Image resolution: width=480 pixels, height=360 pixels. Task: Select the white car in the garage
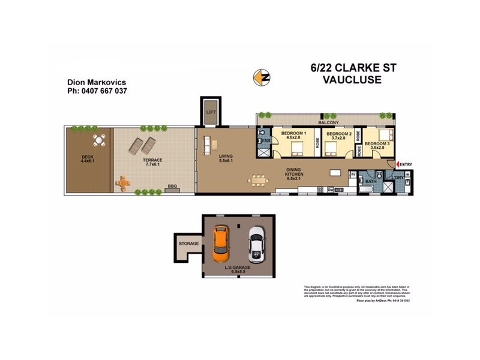256,244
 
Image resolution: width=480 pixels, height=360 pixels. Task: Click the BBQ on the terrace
172,190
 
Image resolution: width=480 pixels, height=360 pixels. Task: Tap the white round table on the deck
100,142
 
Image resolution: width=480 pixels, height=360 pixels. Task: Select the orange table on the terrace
122,182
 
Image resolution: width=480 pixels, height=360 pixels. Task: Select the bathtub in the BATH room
367,190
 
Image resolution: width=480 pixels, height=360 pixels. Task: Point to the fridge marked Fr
353,175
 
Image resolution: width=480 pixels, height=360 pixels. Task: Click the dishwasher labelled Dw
331,190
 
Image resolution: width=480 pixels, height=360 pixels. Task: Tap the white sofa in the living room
208,145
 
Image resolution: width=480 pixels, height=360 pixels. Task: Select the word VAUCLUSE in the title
347,79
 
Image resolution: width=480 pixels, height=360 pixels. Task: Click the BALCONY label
329,122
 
